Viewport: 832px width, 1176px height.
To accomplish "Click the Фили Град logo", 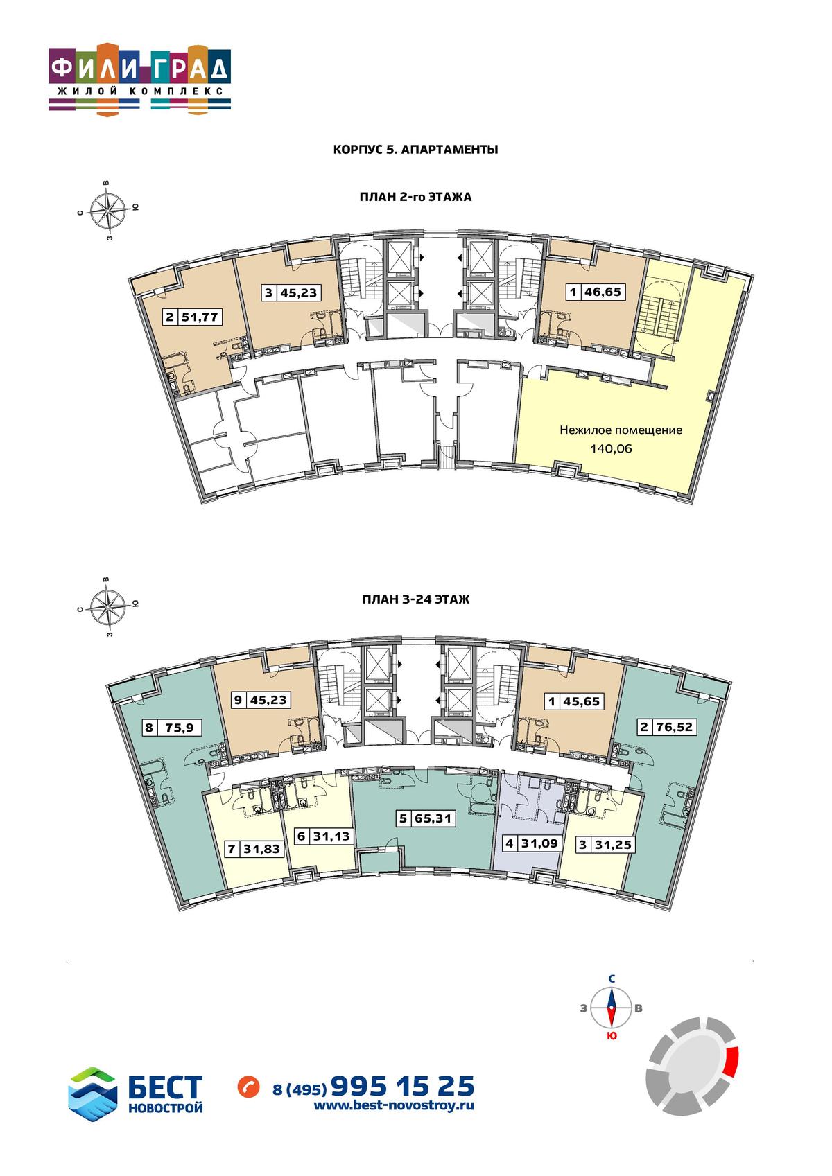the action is pyautogui.click(x=140, y=79).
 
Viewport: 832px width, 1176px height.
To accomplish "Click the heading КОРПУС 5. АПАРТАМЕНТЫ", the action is pyautogui.click(x=415, y=150).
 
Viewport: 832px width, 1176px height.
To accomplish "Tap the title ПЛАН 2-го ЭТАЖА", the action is pyautogui.click(x=415, y=198).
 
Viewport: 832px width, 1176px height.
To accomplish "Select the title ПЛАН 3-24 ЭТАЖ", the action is pyautogui.click(x=415, y=599).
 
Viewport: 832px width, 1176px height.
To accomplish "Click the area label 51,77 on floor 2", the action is pyautogui.click(x=200, y=317).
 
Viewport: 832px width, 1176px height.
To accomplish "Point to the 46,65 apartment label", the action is pyautogui.click(x=603, y=291).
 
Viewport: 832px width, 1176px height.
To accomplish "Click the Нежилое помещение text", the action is pyautogui.click(x=621, y=430).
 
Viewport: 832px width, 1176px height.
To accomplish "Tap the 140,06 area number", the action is pyautogui.click(x=611, y=448).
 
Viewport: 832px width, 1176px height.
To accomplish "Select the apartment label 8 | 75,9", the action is pyautogui.click(x=172, y=728).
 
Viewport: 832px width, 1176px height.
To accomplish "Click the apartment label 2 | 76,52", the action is pyautogui.click(x=666, y=727).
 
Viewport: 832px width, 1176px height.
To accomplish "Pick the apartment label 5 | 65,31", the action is pyautogui.click(x=426, y=818).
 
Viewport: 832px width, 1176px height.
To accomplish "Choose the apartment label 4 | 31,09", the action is pyautogui.click(x=532, y=843).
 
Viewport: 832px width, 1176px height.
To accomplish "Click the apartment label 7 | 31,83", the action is pyautogui.click(x=254, y=848).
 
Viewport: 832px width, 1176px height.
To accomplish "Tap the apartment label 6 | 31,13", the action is pyautogui.click(x=324, y=836).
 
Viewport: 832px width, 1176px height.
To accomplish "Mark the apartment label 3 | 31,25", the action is pyautogui.click(x=605, y=845).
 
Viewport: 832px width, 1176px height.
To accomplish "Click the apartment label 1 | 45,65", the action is pyautogui.click(x=574, y=701).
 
